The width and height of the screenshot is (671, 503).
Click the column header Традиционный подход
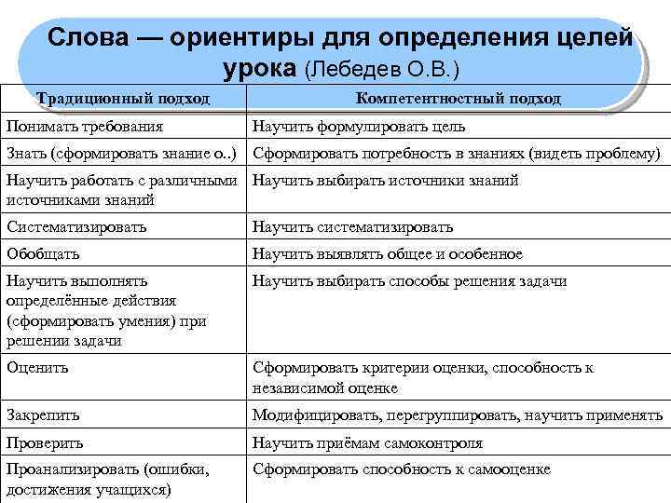[x=123, y=99]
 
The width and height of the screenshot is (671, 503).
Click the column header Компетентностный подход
[x=458, y=99]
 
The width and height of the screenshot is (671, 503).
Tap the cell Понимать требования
[x=84, y=126]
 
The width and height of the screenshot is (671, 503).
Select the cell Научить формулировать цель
[x=359, y=126]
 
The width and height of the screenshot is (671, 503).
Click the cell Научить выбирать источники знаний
[x=385, y=181]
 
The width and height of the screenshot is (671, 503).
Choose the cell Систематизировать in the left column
[x=75, y=226]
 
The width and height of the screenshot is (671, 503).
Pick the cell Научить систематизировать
[x=352, y=226]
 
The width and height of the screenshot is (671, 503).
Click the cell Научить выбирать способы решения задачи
[x=409, y=281]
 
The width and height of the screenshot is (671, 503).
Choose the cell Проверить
[x=45, y=442]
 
